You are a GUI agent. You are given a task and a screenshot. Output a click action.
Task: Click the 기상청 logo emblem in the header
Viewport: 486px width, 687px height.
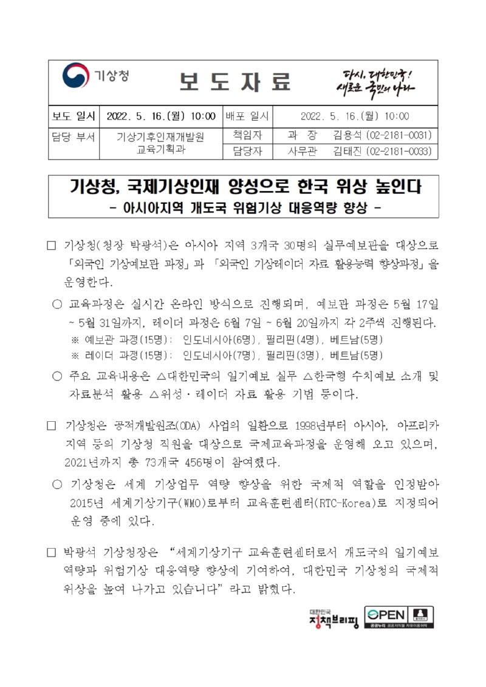tap(74, 76)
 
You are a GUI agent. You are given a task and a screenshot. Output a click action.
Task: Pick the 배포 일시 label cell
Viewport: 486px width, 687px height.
tap(249, 116)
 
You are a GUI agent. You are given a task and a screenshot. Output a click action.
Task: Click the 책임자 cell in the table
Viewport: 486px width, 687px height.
tap(249, 134)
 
